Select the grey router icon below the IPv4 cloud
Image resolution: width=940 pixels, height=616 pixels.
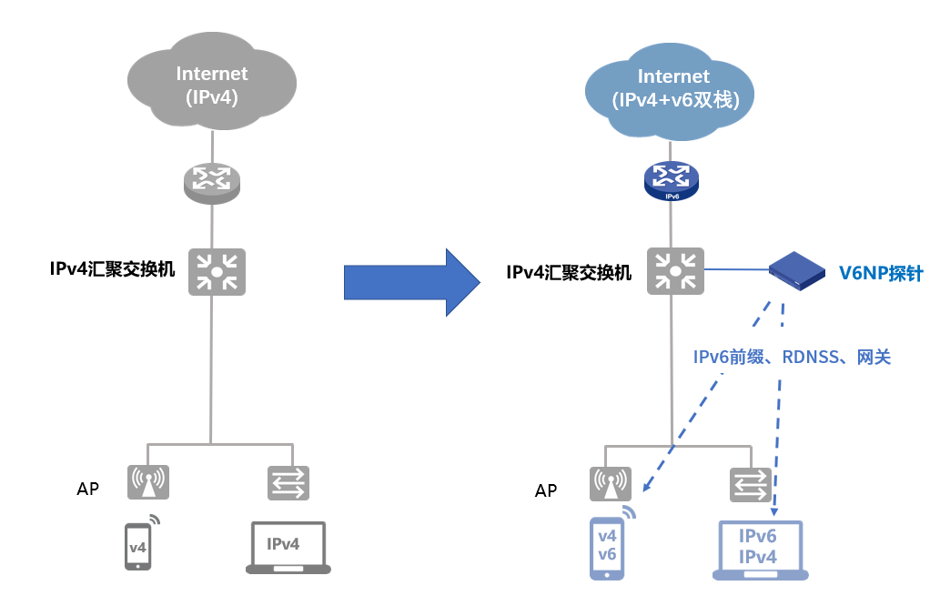212,181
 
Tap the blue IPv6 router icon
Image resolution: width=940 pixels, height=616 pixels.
672,180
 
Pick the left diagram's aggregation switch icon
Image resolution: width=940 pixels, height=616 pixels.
216,271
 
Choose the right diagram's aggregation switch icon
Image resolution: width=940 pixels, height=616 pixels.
674,270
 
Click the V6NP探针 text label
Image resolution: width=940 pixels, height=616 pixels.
880,272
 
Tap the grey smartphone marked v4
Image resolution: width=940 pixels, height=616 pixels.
138,546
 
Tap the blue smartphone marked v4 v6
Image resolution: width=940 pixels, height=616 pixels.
608,548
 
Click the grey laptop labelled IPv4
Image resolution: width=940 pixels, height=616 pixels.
288,547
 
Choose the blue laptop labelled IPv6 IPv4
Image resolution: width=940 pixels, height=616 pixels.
759,550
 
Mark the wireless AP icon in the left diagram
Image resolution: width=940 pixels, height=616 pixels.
149,482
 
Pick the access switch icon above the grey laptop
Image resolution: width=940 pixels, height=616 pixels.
288,482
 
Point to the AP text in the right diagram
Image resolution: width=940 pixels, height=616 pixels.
546,490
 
